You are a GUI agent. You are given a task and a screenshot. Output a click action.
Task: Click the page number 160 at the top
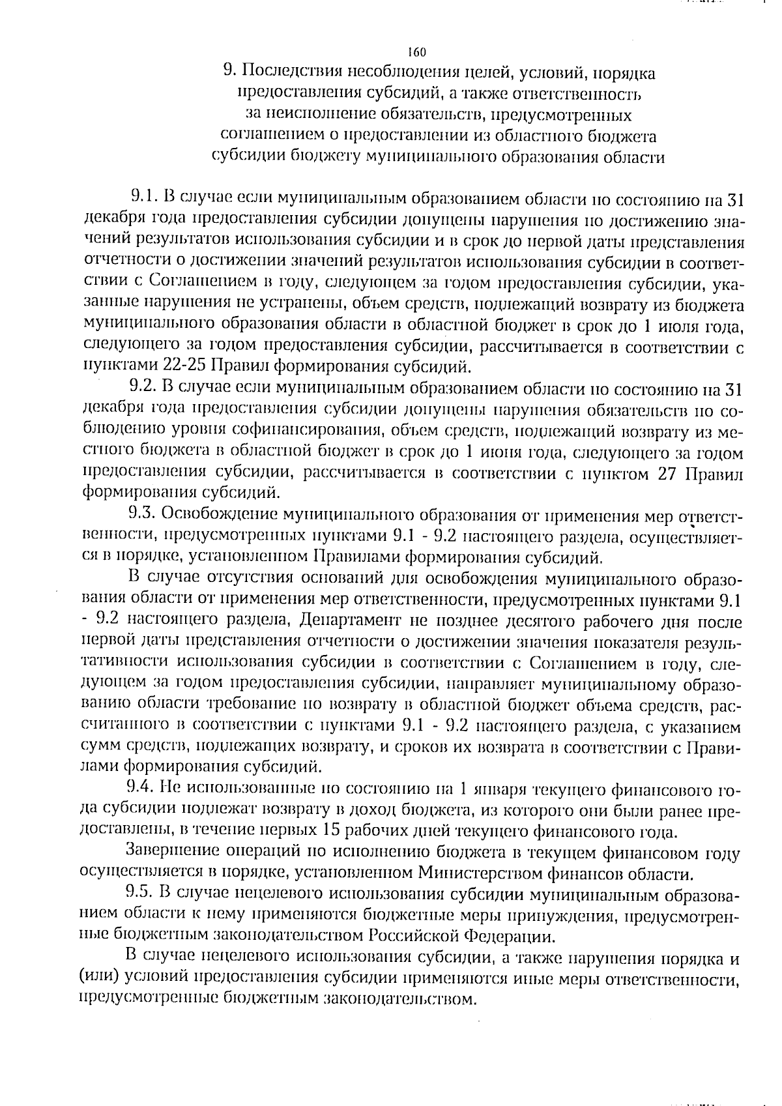point(416,52)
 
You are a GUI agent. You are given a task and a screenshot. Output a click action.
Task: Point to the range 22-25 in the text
point(182,367)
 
